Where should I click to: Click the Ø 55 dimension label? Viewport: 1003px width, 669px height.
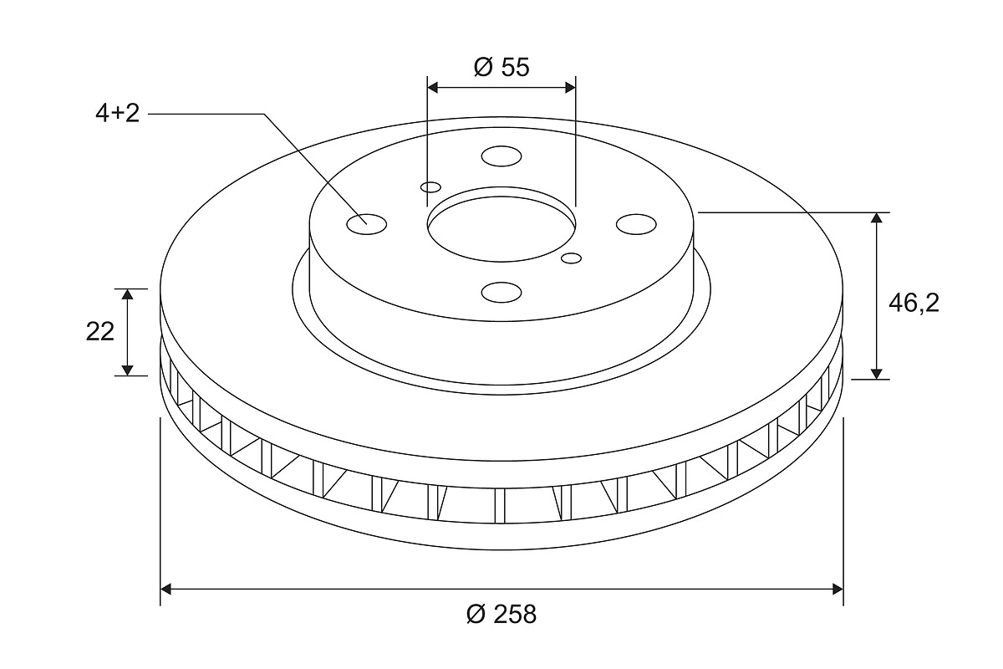[x=501, y=67]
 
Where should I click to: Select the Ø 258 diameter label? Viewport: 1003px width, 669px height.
[x=501, y=614]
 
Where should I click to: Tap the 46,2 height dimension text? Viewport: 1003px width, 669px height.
[x=914, y=304]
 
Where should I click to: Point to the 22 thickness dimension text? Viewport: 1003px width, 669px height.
[x=99, y=332]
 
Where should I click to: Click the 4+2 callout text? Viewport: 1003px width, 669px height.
[x=117, y=113]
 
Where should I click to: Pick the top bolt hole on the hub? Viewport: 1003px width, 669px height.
[x=501, y=156]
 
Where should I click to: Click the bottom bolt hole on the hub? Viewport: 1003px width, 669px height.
[x=501, y=292]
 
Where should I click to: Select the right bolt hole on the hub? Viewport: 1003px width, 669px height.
[x=636, y=224]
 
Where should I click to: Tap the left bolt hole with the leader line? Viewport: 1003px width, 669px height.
[x=367, y=224]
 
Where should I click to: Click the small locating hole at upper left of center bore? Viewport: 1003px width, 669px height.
[x=430, y=186]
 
